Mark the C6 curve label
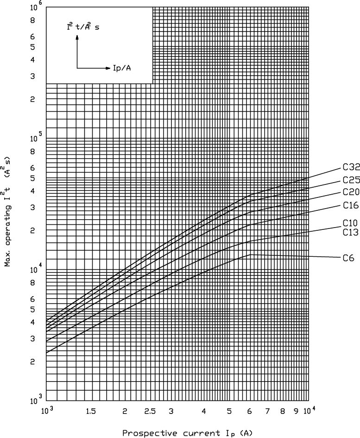click(348, 258)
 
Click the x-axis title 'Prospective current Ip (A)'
click(187, 433)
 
